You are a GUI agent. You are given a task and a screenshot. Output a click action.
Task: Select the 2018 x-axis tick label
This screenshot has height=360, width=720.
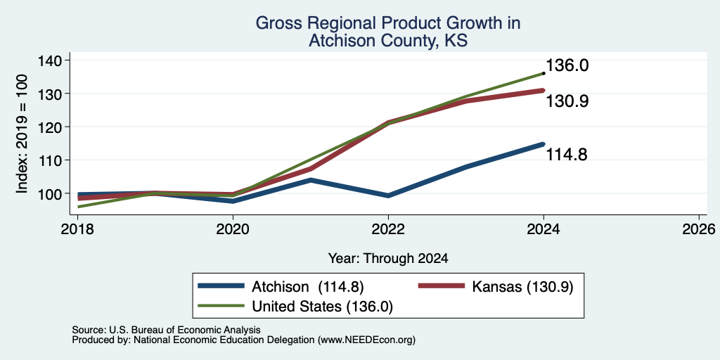pyautogui.click(x=77, y=229)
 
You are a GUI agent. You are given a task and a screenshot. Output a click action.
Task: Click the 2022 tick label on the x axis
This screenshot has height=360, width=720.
pyautogui.click(x=388, y=229)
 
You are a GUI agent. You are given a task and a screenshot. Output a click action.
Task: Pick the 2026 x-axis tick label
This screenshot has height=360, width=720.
pyautogui.click(x=699, y=229)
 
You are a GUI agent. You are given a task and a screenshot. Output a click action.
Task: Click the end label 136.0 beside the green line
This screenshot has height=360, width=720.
pyautogui.click(x=567, y=65)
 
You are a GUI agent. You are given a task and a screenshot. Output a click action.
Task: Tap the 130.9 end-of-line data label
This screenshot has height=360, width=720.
pyautogui.click(x=567, y=101)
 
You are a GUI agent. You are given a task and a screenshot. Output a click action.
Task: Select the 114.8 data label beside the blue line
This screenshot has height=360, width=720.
pyautogui.click(x=567, y=155)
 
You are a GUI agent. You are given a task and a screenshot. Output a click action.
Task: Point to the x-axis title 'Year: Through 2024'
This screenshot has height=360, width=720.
pyautogui.click(x=388, y=259)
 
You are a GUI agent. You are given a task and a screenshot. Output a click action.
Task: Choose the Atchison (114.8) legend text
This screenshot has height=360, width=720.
pyautogui.click(x=308, y=287)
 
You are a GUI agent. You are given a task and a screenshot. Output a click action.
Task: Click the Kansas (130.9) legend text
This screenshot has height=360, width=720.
pyautogui.click(x=522, y=287)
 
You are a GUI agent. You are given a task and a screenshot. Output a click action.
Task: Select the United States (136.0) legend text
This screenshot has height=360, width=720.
pyautogui.click(x=322, y=307)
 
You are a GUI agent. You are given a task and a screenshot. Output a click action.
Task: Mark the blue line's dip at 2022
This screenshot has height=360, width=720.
pyautogui.click(x=388, y=195)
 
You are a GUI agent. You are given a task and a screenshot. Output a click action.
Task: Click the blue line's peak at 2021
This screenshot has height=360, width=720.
pyautogui.click(x=311, y=180)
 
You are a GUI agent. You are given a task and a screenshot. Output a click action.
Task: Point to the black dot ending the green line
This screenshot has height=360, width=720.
pyautogui.click(x=544, y=73)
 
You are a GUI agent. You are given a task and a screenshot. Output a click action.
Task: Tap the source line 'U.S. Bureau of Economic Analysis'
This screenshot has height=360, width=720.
pyautogui.click(x=185, y=330)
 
